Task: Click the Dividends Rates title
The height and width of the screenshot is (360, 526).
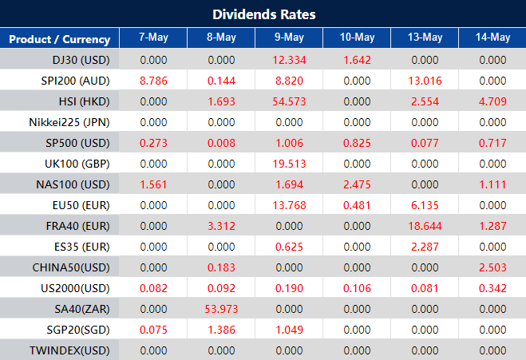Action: click(263, 14)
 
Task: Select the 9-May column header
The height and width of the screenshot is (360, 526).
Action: click(289, 38)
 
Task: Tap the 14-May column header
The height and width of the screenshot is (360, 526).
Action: click(492, 38)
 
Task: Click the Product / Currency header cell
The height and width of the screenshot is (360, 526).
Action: click(59, 38)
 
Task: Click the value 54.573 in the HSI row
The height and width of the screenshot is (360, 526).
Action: click(289, 101)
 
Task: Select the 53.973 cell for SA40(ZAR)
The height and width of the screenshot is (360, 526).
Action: click(221, 308)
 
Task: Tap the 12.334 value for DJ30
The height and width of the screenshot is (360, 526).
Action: click(289, 59)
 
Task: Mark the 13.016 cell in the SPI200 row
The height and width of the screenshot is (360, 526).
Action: click(425, 80)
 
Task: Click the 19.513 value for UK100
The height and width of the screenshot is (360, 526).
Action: click(289, 163)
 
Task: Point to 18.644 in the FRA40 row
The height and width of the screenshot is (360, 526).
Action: click(425, 225)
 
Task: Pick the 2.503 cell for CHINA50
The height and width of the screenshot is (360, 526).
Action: click(492, 267)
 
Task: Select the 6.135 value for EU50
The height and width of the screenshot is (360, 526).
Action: click(425, 204)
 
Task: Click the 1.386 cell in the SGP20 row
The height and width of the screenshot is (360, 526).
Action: click(221, 329)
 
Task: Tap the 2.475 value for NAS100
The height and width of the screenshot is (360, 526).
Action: click(357, 184)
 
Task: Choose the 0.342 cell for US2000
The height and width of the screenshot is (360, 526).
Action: click(492, 287)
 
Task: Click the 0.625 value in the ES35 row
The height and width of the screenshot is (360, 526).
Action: click(289, 246)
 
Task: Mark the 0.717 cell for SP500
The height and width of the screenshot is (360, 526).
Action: click(492, 142)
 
